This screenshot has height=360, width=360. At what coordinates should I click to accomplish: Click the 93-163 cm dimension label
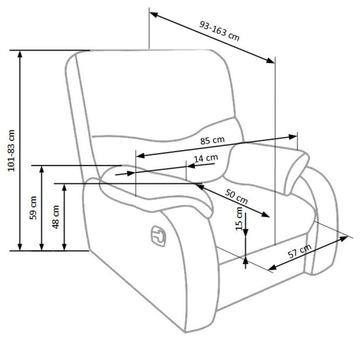pos(219,31)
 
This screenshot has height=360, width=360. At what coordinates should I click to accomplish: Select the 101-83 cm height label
pos(11,151)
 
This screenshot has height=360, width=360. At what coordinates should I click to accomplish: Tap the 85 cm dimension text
pos(212,140)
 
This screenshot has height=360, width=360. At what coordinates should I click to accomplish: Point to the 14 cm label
pos(206,158)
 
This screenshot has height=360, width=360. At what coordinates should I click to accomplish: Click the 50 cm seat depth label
pos(236,196)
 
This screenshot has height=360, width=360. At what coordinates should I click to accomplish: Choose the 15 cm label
pos(239,218)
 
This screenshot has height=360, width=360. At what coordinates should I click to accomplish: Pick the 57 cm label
pos(300,251)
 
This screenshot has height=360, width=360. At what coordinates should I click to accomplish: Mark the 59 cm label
pos(33,208)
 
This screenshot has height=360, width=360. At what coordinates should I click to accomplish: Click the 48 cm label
pos(55,217)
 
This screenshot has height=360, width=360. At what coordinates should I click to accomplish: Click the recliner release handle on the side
pos(158,236)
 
